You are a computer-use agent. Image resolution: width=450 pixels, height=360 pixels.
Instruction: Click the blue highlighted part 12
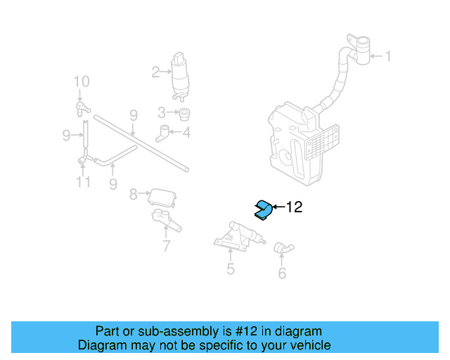click(263, 209)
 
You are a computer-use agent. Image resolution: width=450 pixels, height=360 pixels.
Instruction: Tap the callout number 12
click(293, 207)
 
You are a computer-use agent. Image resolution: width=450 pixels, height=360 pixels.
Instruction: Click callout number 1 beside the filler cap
click(387, 56)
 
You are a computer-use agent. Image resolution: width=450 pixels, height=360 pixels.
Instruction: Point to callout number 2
click(155, 71)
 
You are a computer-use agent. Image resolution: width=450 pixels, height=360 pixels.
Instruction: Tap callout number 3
click(161, 112)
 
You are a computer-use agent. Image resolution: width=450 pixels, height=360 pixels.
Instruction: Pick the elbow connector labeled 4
click(165, 130)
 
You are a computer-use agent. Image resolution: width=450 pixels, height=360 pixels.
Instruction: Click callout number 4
click(186, 131)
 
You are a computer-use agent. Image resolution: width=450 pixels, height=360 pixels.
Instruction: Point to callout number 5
click(230, 269)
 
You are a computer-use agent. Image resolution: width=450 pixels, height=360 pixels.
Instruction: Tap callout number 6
click(282, 273)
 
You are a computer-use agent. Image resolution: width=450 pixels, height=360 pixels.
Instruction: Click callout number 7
click(167, 246)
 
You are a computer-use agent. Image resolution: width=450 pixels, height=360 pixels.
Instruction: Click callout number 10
click(82, 81)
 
